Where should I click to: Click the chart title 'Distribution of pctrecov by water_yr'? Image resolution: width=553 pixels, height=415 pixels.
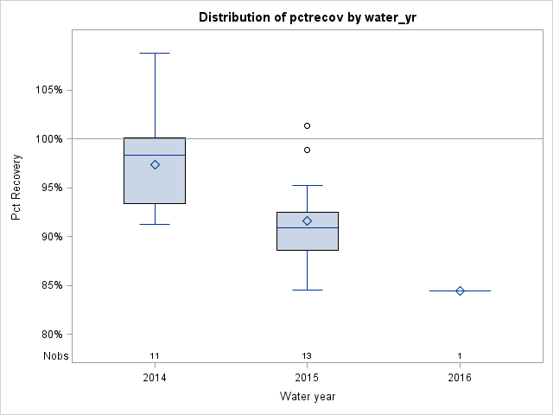(x=307, y=17)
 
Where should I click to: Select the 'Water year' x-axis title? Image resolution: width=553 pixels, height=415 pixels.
(x=307, y=397)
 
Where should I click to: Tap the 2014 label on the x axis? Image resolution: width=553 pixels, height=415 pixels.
(x=155, y=378)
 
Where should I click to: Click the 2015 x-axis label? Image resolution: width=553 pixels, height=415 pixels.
(x=307, y=378)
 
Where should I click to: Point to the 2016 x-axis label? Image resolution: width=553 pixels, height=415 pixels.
(x=460, y=378)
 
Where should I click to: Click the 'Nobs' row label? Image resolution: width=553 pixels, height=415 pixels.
(x=54, y=356)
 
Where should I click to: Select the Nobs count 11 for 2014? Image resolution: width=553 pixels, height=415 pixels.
(x=155, y=356)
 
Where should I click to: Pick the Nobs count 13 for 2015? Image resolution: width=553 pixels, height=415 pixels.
(x=307, y=356)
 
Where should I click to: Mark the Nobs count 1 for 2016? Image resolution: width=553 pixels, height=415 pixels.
(x=460, y=356)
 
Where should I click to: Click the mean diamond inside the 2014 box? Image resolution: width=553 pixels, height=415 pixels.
(x=155, y=164)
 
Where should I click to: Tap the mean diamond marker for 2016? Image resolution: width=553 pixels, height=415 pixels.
(x=460, y=290)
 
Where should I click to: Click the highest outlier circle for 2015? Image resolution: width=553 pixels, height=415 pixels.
(x=307, y=125)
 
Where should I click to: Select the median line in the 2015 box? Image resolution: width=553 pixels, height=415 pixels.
(x=307, y=227)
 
